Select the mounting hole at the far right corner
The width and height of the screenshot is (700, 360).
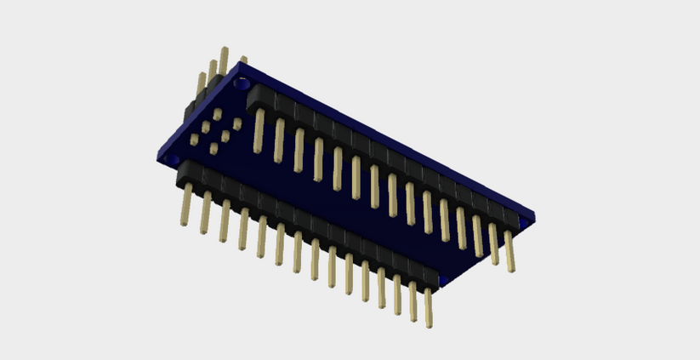[x=524, y=220]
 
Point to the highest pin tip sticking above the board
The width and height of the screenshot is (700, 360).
[x=224, y=53]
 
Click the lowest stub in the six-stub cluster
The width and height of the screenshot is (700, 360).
[x=213, y=150]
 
